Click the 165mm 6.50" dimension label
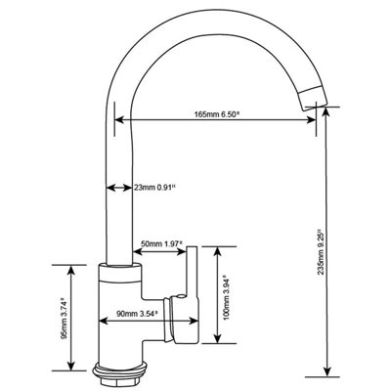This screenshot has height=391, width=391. tap(217, 114)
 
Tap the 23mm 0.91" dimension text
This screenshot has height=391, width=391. tap(155, 188)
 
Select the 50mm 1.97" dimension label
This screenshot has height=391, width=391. tap(161, 243)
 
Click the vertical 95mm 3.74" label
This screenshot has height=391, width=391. tap(65, 318)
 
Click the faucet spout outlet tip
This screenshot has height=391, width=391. tap(314, 98)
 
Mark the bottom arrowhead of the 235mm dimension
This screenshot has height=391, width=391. tap(326, 370)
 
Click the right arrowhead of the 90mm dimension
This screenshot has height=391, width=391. tap(194, 322)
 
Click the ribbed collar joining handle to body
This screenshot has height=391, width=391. tap(168, 320)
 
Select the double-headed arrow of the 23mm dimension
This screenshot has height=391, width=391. tap(119, 188)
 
